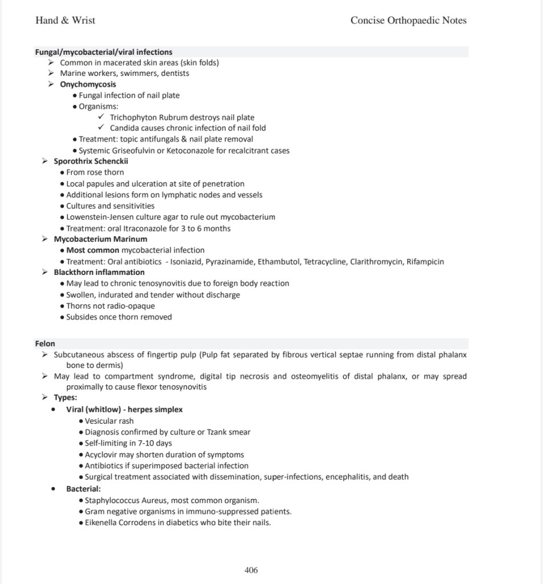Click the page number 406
251,570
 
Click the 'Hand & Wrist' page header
65,21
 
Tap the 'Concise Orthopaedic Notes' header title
408,21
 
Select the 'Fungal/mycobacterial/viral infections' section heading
104,52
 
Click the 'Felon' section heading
45,343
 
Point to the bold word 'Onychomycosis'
88,84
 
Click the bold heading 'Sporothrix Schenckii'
91,161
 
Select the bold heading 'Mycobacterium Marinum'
100,239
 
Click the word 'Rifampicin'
425,262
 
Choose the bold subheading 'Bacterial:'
83,489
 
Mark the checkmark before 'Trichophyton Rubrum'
101,117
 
